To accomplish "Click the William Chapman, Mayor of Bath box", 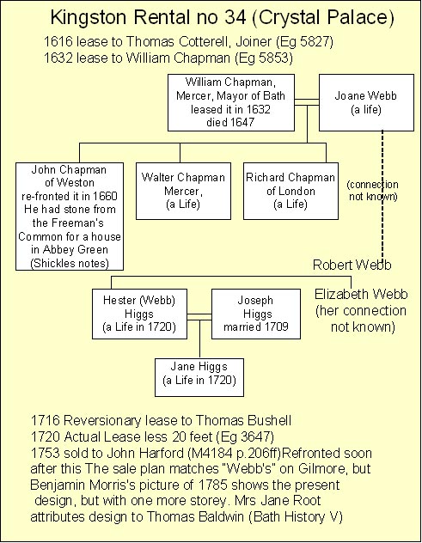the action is [231, 102].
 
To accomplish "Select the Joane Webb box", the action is [366, 102].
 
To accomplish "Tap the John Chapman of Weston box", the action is [70, 217].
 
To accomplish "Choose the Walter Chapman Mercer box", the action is [183, 191].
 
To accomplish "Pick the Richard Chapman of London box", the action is [291, 191].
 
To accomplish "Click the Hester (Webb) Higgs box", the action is [139, 314].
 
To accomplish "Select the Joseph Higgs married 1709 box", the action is [256, 314].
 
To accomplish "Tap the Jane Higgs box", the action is [199, 377].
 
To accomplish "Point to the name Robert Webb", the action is [352, 265].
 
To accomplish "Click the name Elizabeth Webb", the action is [361, 295].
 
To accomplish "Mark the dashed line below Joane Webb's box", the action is [382, 196].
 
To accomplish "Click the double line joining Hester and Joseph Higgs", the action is [199, 317].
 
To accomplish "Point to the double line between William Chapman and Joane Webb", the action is [307, 102].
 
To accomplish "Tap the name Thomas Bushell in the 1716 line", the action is [243, 420].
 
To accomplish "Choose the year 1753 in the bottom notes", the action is [45, 454].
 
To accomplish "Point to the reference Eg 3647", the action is [245, 437].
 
